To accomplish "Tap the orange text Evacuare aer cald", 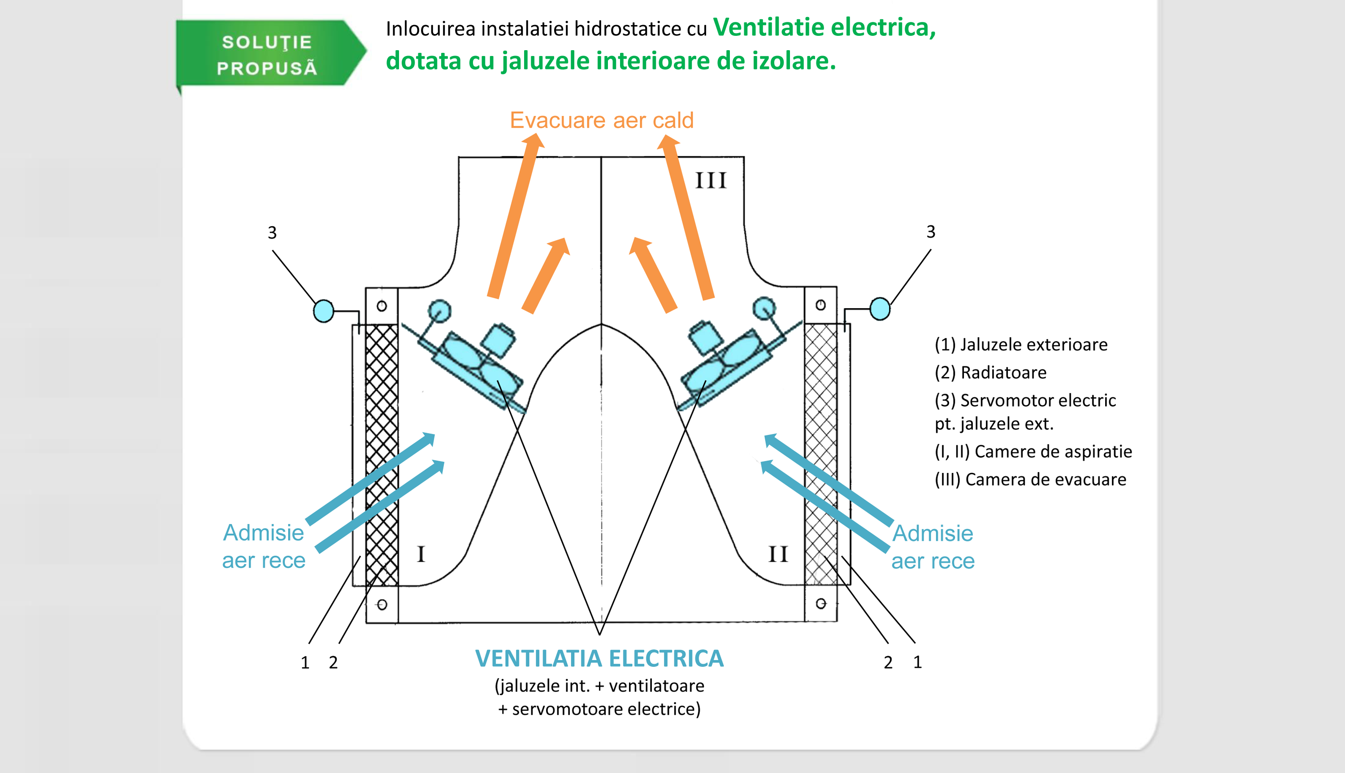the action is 602,120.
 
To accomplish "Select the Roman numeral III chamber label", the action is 711,180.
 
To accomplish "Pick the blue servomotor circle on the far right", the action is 880,309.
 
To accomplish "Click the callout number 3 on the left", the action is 272,232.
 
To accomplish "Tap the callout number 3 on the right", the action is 930,232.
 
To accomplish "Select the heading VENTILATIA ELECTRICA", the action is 599,658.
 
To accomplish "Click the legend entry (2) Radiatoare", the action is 990,373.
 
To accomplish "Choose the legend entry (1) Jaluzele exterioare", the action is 1021,344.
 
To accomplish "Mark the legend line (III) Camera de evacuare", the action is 1030,479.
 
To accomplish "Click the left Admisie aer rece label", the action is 264,546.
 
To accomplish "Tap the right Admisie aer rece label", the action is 933,547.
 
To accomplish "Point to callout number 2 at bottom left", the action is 333,662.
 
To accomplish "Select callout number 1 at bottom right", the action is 917,662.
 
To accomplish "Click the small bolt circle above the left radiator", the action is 382,306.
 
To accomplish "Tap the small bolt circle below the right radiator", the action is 820,604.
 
